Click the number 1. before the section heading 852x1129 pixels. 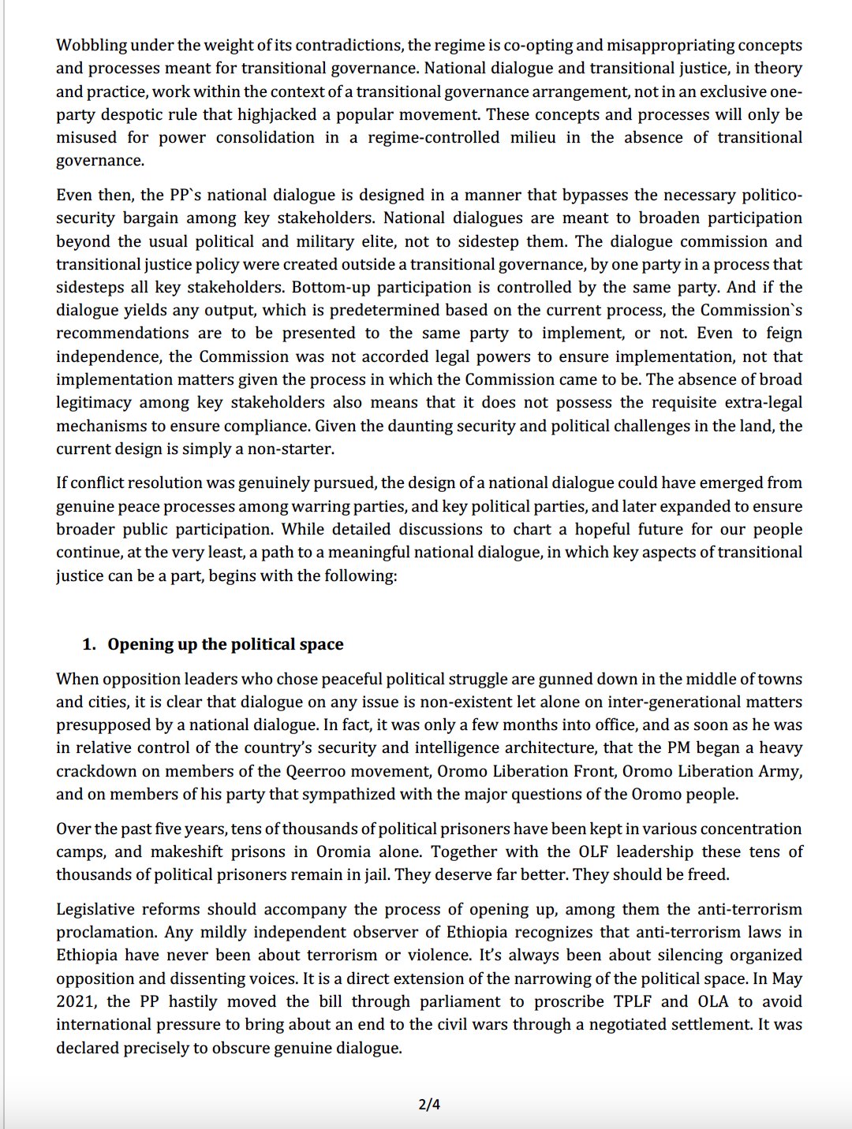[x=89, y=644]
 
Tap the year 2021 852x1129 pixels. [x=75, y=1001]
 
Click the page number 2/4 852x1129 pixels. [x=429, y=1105]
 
